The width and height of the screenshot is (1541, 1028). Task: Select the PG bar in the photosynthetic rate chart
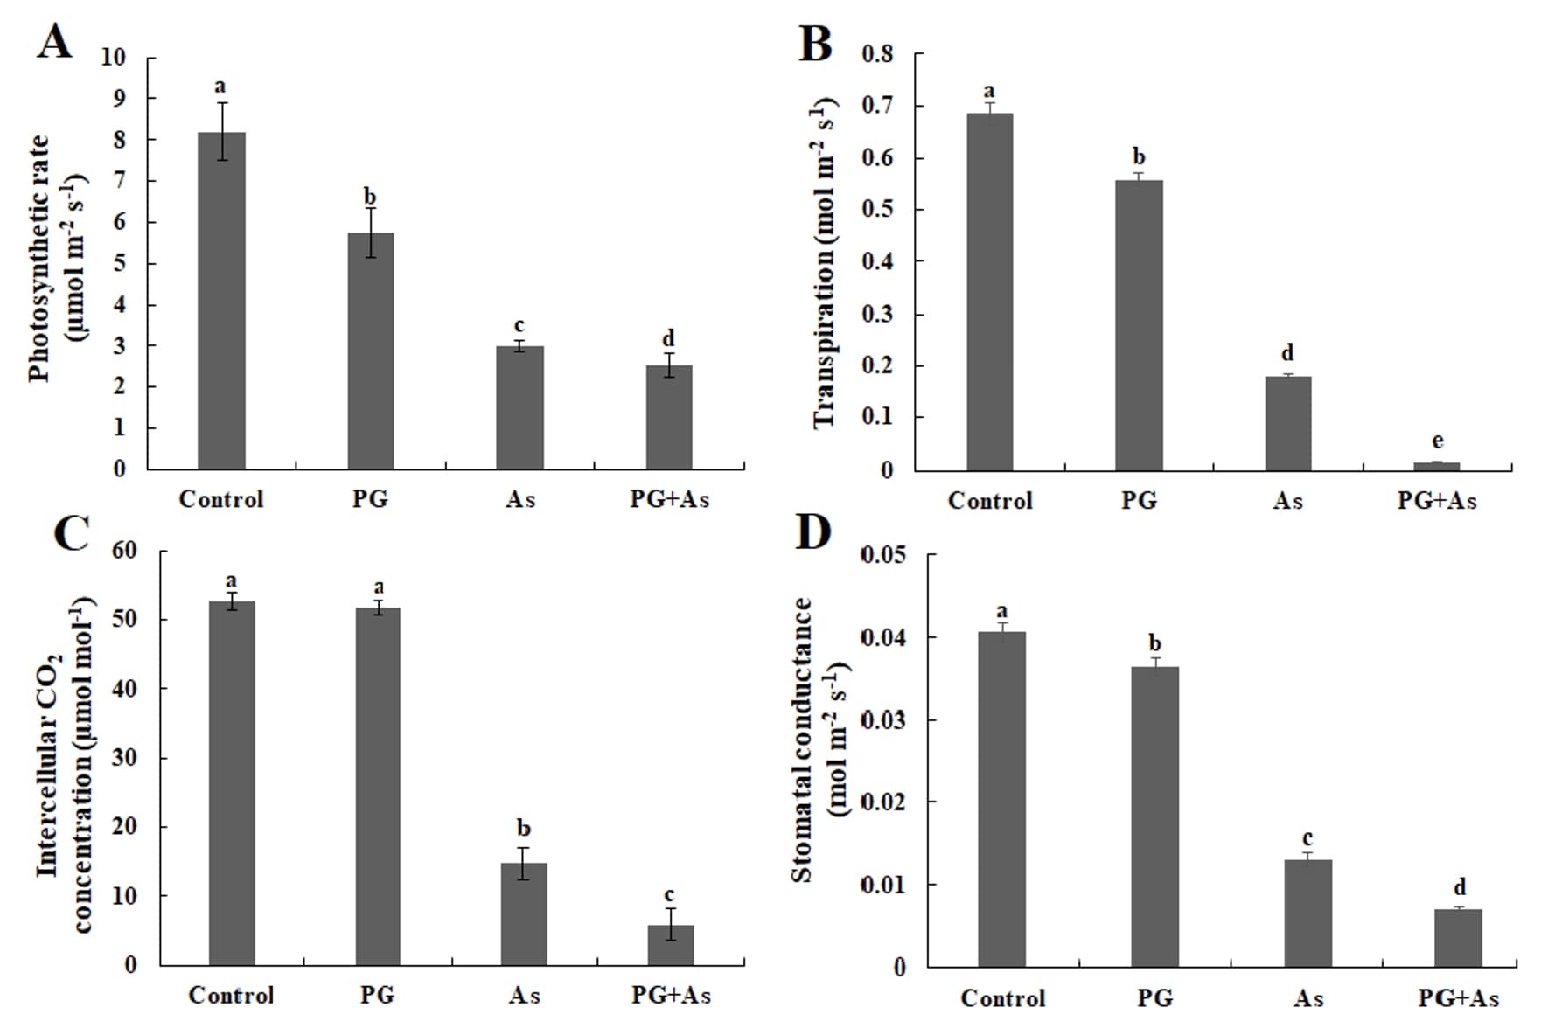pyautogui.click(x=370, y=351)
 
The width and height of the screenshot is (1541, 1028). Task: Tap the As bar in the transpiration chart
pyautogui.click(x=1287, y=423)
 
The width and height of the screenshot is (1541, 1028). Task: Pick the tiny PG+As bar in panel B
pyautogui.click(x=1437, y=466)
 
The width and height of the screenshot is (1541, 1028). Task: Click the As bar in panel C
pyautogui.click(x=524, y=913)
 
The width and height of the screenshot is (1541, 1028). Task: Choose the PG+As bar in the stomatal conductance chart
pyautogui.click(x=1459, y=937)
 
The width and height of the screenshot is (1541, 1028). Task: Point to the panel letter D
pyautogui.click(x=812, y=532)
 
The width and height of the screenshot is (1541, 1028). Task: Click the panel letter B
pyautogui.click(x=815, y=44)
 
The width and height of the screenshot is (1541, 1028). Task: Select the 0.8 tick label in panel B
pyautogui.click(x=878, y=54)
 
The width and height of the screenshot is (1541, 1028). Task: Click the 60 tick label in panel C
pyautogui.click(x=125, y=551)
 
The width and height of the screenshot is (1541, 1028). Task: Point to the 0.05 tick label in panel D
pyautogui.click(x=883, y=555)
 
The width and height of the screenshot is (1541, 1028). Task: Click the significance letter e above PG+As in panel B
pyautogui.click(x=1437, y=441)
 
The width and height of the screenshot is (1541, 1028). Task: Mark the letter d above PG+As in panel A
pyautogui.click(x=668, y=338)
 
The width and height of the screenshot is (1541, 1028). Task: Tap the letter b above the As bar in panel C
pyautogui.click(x=524, y=828)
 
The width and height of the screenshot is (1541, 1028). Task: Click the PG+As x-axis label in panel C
pyautogui.click(x=671, y=995)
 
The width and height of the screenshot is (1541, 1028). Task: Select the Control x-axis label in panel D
pyautogui.click(x=1002, y=997)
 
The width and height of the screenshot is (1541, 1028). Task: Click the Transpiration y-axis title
pyautogui.click(x=825, y=262)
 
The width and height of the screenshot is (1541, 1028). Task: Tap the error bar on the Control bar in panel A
pyautogui.click(x=222, y=131)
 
